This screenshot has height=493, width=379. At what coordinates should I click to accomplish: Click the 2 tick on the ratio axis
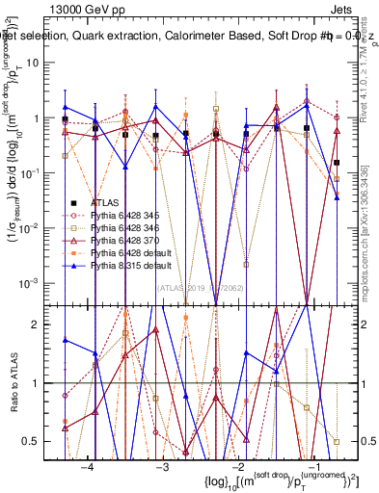pyautogui.click(x=44, y=324)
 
